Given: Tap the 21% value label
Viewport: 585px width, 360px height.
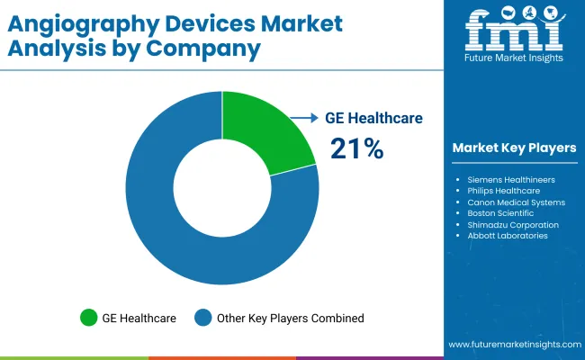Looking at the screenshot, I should click(356, 148).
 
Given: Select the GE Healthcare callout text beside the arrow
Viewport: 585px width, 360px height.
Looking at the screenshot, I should click(373, 118).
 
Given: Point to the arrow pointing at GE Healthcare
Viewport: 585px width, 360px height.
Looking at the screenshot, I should click(305, 118).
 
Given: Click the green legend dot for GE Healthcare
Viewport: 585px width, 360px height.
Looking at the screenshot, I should click(89, 317).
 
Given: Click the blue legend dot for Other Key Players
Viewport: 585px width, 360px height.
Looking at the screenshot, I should click(203, 317).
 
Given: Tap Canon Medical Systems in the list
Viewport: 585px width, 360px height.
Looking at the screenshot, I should click(516, 202).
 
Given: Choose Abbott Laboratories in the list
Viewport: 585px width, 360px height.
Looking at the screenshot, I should click(508, 235).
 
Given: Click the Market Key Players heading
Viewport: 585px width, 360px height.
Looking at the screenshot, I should click(514, 148).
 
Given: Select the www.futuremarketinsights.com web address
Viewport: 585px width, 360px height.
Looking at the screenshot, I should click(513, 345).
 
